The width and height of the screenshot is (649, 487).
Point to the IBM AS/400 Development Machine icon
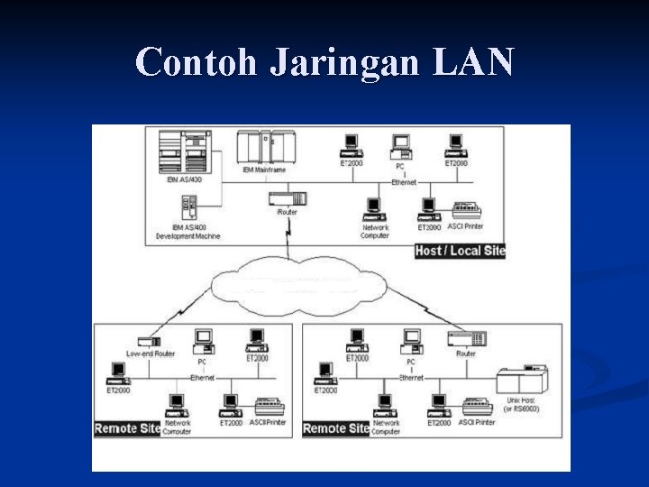click(x=187, y=209)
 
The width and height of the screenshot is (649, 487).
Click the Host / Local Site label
click(x=459, y=251)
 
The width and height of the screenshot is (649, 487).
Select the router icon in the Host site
click(x=290, y=198)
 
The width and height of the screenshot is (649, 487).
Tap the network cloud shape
click(x=297, y=287)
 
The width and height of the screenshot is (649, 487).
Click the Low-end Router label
click(x=151, y=354)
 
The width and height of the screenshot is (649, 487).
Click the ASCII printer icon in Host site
click(x=466, y=211)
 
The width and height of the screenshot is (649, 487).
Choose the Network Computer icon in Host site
click(x=374, y=210)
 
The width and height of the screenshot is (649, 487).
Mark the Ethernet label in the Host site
click(x=404, y=182)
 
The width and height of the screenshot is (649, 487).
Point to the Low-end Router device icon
click(x=146, y=342)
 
